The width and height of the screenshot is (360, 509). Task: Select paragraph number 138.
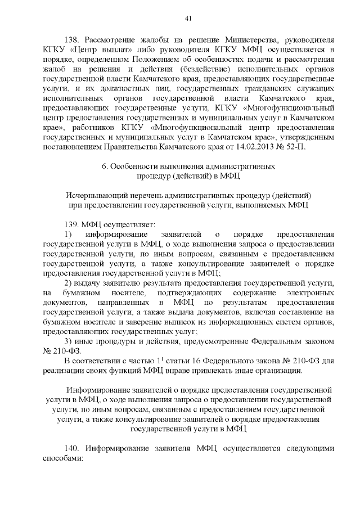[73, 40]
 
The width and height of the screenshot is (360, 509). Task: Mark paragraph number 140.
[73, 449]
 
